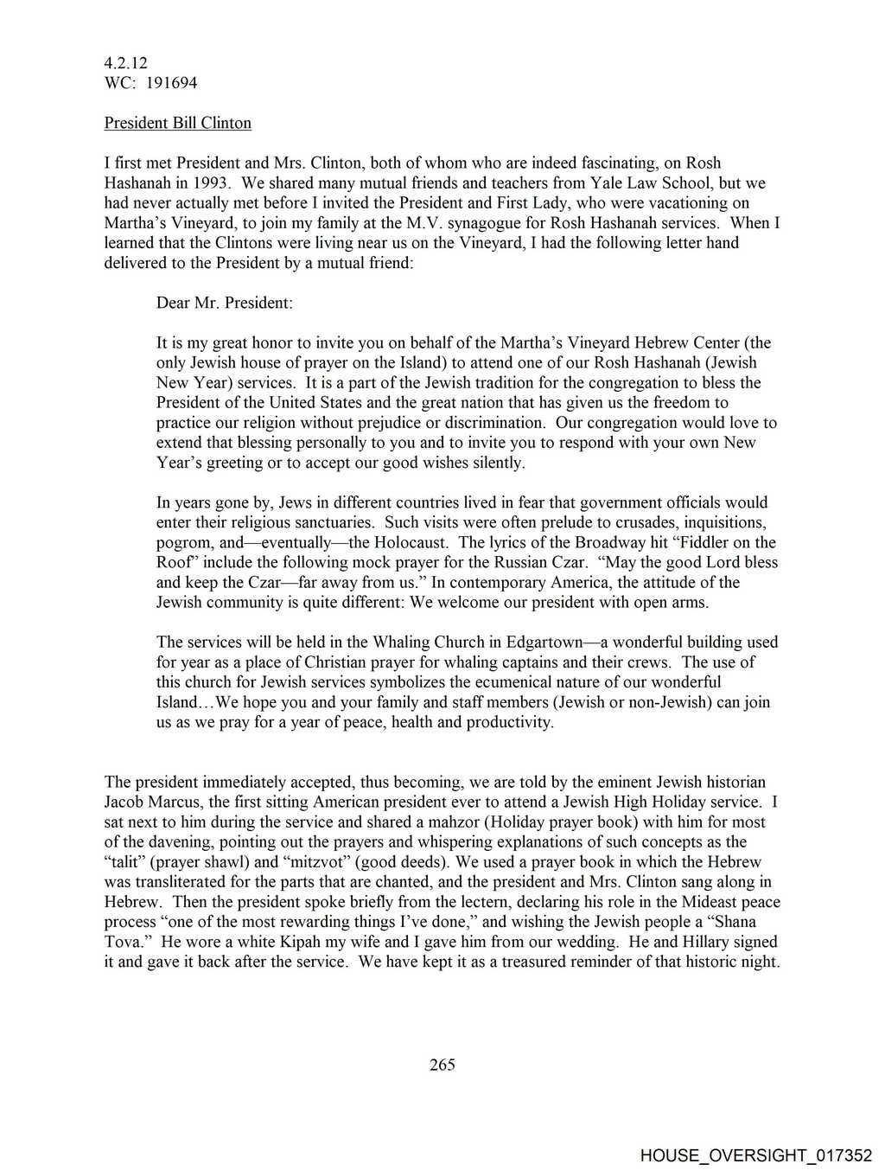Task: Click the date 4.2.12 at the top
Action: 125,63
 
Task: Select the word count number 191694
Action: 172,83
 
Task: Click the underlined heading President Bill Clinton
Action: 177,123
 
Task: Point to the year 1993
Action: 210,183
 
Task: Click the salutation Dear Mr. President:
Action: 224,303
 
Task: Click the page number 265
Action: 442,1065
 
